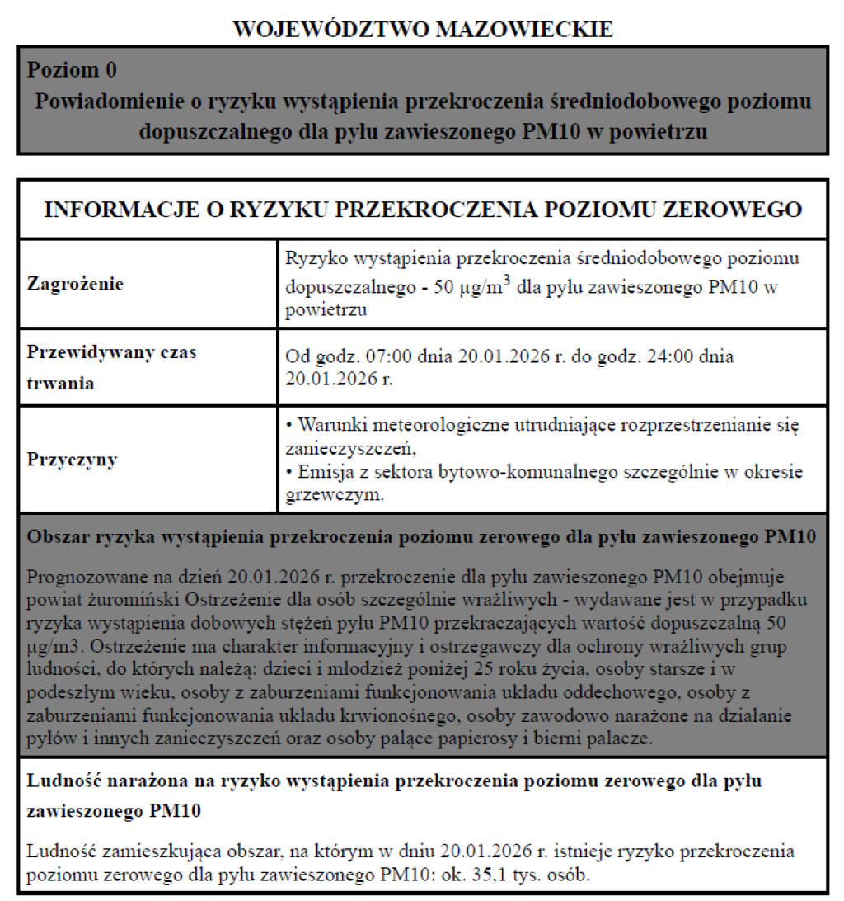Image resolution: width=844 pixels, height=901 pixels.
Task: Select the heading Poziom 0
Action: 77,69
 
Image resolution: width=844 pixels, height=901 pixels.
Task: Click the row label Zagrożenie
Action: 75,284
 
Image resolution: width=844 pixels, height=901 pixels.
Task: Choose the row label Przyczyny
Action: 73,459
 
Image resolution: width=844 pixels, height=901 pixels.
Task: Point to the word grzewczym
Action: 334,497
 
